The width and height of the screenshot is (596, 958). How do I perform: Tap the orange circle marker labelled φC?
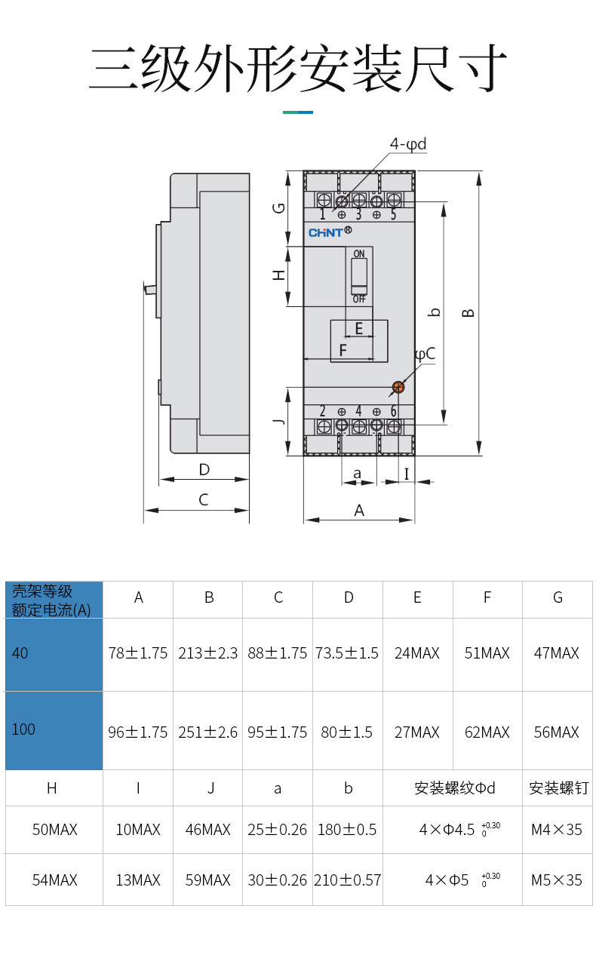(398, 388)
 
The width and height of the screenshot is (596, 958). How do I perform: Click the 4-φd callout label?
(408, 143)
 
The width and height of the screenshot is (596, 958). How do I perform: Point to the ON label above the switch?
(359, 253)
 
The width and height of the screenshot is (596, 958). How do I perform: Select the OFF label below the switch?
(359, 299)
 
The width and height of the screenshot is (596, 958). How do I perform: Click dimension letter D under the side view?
(204, 469)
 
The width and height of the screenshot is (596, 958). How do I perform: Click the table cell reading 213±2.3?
(208, 653)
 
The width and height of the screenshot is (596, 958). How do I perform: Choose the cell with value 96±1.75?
(138, 732)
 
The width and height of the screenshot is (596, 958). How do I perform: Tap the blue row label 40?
(20, 653)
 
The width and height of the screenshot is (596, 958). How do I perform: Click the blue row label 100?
(23, 729)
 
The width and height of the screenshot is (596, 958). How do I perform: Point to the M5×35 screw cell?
(557, 880)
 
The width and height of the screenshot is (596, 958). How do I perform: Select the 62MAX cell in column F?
(487, 732)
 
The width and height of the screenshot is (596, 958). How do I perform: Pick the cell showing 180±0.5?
(347, 830)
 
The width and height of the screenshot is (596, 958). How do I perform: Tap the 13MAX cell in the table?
(138, 880)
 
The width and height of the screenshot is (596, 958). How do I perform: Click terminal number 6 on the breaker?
(393, 411)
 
